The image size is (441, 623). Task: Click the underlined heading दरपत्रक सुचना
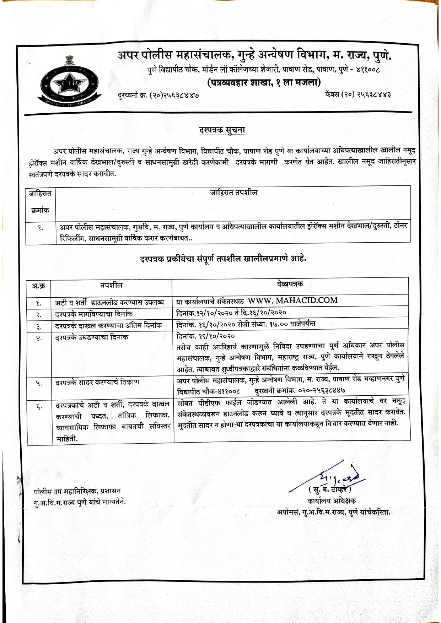[222, 130]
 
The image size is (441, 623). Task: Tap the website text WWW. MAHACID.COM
[292, 300]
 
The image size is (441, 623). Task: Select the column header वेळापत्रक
[290, 284]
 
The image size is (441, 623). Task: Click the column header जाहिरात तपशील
[233, 193]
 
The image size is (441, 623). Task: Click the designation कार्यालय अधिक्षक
[332, 501]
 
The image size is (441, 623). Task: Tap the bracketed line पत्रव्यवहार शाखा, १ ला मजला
[264, 83]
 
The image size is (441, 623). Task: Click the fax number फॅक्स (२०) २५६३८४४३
[358, 95]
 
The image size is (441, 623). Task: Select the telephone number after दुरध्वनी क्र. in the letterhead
[174, 95]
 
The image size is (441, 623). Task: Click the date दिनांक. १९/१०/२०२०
[206, 336]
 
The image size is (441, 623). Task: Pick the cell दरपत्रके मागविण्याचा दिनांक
[94, 314]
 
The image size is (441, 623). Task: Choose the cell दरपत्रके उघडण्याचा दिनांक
[91, 337]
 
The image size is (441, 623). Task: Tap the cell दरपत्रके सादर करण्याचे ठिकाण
[97, 383]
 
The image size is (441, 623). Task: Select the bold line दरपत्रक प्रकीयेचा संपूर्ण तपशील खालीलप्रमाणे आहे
[223, 259]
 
